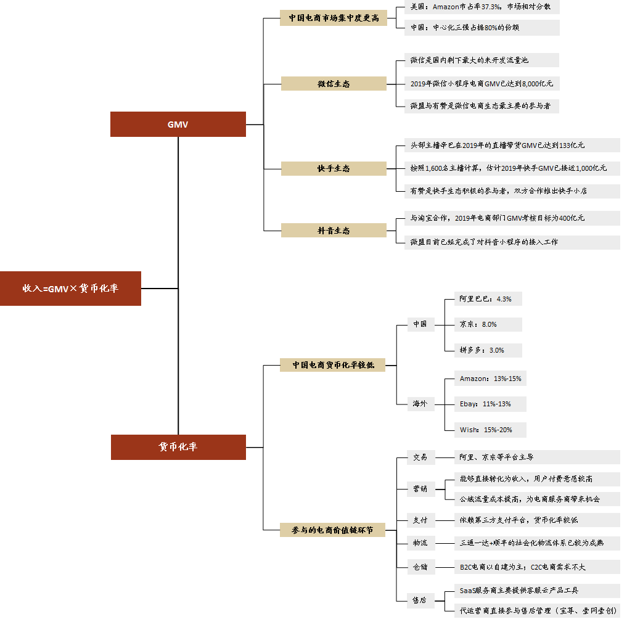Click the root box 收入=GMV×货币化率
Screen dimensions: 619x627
click(x=70, y=288)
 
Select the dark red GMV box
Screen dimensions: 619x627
click(x=178, y=124)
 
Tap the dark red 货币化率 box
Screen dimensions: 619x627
click(x=178, y=447)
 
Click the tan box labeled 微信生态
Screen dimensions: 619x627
click(x=334, y=83)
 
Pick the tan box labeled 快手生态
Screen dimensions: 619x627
click(x=334, y=168)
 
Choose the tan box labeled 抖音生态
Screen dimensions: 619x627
click(x=334, y=230)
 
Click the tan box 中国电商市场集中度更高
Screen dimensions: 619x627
click(x=334, y=18)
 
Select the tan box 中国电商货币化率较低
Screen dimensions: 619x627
click(x=334, y=365)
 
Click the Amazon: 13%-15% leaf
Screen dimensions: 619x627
click(x=491, y=379)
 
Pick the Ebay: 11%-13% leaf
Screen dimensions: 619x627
click(x=485, y=404)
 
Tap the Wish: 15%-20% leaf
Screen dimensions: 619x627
click(x=486, y=430)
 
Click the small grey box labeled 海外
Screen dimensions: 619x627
click(x=420, y=404)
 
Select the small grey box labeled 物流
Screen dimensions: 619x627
click(x=420, y=543)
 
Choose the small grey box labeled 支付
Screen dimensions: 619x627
click(x=420, y=520)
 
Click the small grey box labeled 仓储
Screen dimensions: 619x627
click(x=420, y=567)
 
